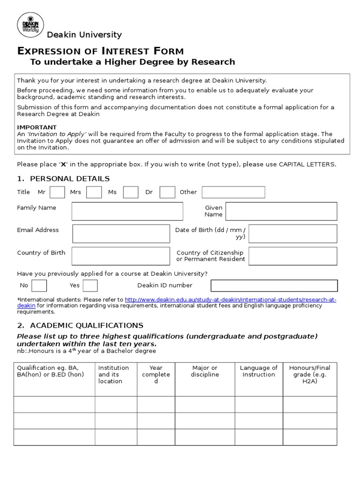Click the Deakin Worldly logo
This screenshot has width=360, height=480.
(30, 24)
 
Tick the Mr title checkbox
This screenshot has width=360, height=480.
(57, 192)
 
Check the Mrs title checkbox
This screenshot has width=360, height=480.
(94, 192)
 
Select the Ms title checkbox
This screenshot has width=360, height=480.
(130, 192)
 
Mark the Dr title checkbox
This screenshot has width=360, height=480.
(167, 192)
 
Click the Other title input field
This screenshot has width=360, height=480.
(233, 192)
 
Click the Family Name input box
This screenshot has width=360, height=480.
(127, 211)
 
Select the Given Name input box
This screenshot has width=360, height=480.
(281, 211)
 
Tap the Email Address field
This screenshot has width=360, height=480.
(121, 233)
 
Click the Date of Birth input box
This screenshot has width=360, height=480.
(292, 233)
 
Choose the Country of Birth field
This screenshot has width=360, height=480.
(120, 256)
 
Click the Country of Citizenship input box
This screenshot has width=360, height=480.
(292, 256)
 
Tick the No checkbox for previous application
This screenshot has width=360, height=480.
(39, 285)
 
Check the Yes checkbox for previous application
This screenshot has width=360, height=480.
(90, 285)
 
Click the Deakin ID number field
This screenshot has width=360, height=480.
(274, 285)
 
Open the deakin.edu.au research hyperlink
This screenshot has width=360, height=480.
(230, 300)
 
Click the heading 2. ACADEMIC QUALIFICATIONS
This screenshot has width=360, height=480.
(80, 325)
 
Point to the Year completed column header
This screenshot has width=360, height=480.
(156, 374)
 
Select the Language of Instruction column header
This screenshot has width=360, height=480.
(259, 371)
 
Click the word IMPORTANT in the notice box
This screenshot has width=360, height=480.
(37, 127)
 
